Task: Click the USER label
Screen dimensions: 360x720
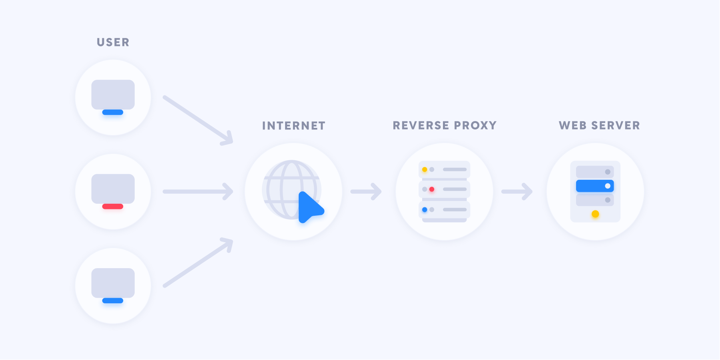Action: [x=113, y=42]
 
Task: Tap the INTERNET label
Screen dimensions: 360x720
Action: [x=294, y=126]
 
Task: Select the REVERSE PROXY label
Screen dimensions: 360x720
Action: [x=445, y=125]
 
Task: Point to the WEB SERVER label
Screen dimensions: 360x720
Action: [x=599, y=125]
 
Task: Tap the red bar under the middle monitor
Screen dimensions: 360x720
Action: [x=113, y=207]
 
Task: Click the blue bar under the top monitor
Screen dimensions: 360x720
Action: [x=113, y=112]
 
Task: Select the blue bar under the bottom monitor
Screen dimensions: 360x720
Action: [x=113, y=300]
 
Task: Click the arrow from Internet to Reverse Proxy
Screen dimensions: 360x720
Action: [x=366, y=191]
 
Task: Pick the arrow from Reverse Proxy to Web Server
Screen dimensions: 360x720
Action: [x=517, y=191]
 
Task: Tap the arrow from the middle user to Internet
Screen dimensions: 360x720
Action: [x=198, y=191]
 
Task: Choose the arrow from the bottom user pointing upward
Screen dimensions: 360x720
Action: [x=198, y=263]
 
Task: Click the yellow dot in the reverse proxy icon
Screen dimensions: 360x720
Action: [x=425, y=169]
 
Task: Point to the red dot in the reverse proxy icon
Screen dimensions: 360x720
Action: [x=432, y=189]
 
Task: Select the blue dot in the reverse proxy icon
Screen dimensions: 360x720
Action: [x=425, y=209]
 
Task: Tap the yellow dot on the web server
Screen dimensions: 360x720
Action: [x=595, y=214]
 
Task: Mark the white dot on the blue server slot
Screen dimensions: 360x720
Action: [x=608, y=186]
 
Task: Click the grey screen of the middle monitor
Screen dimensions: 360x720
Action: [x=113, y=189]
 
